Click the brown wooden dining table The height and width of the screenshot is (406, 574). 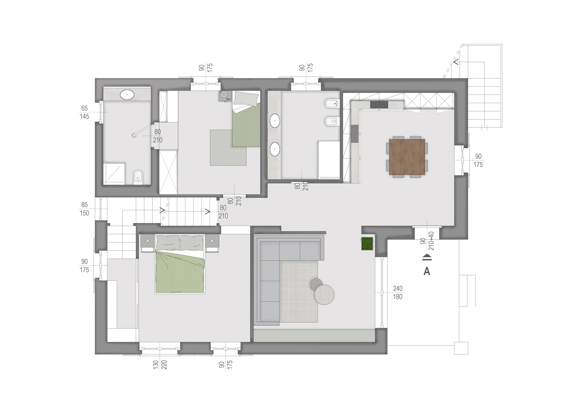click(407, 157)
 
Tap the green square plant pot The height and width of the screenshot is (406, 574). click(367, 244)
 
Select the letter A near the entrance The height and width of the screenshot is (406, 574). click(427, 271)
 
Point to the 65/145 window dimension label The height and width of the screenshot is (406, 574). click(84, 112)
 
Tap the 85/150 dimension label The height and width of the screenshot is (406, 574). click(84, 209)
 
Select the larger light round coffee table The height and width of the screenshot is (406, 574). click(324, 295)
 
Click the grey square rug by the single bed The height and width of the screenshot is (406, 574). click(228, 148)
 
